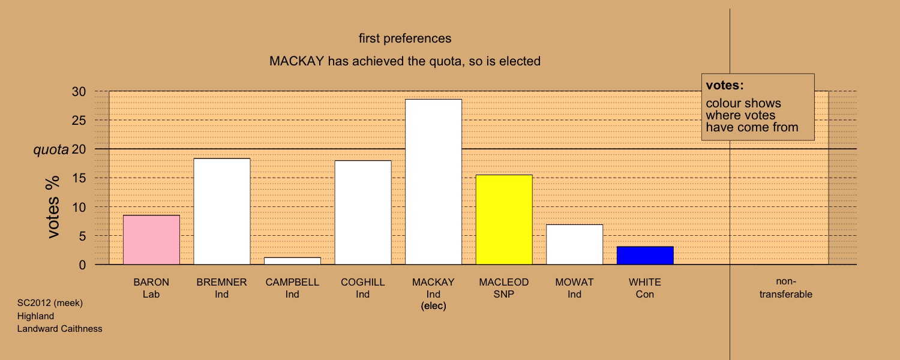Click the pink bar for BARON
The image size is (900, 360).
click(x=151, y=240)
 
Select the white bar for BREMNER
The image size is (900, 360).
click(x=222, y=211)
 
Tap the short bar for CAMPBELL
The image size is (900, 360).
click(x=293, y=261)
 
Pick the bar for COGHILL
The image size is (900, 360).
click(x=363, y=212)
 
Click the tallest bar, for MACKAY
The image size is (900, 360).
click(x=434, y=182)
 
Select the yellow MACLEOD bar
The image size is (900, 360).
click(x=504, y=220)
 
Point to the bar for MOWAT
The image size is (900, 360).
click(x=575, y=244)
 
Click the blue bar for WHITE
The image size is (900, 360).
click(x=645, y=256)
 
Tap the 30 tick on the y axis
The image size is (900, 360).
click(x=79, y=92)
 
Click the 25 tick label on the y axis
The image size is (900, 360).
click(x=79, y=120)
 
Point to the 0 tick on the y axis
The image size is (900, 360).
click(x=82, y=265)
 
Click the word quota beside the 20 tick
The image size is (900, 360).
click(x=51, y=150)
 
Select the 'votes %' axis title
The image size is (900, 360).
click(x=53, y=207)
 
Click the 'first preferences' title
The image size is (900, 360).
click(x=405, y=38)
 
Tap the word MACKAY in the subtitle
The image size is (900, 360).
click(x=296, y=61)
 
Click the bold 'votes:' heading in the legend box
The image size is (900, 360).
click(x=725, y=85)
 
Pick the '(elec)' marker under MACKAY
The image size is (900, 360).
click(x=434, y=306)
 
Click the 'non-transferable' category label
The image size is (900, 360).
click(x=786, y=287)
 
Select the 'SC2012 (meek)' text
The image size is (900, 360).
click(x=50, y=303)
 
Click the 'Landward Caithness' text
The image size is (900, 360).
click(x=59, y=329)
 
